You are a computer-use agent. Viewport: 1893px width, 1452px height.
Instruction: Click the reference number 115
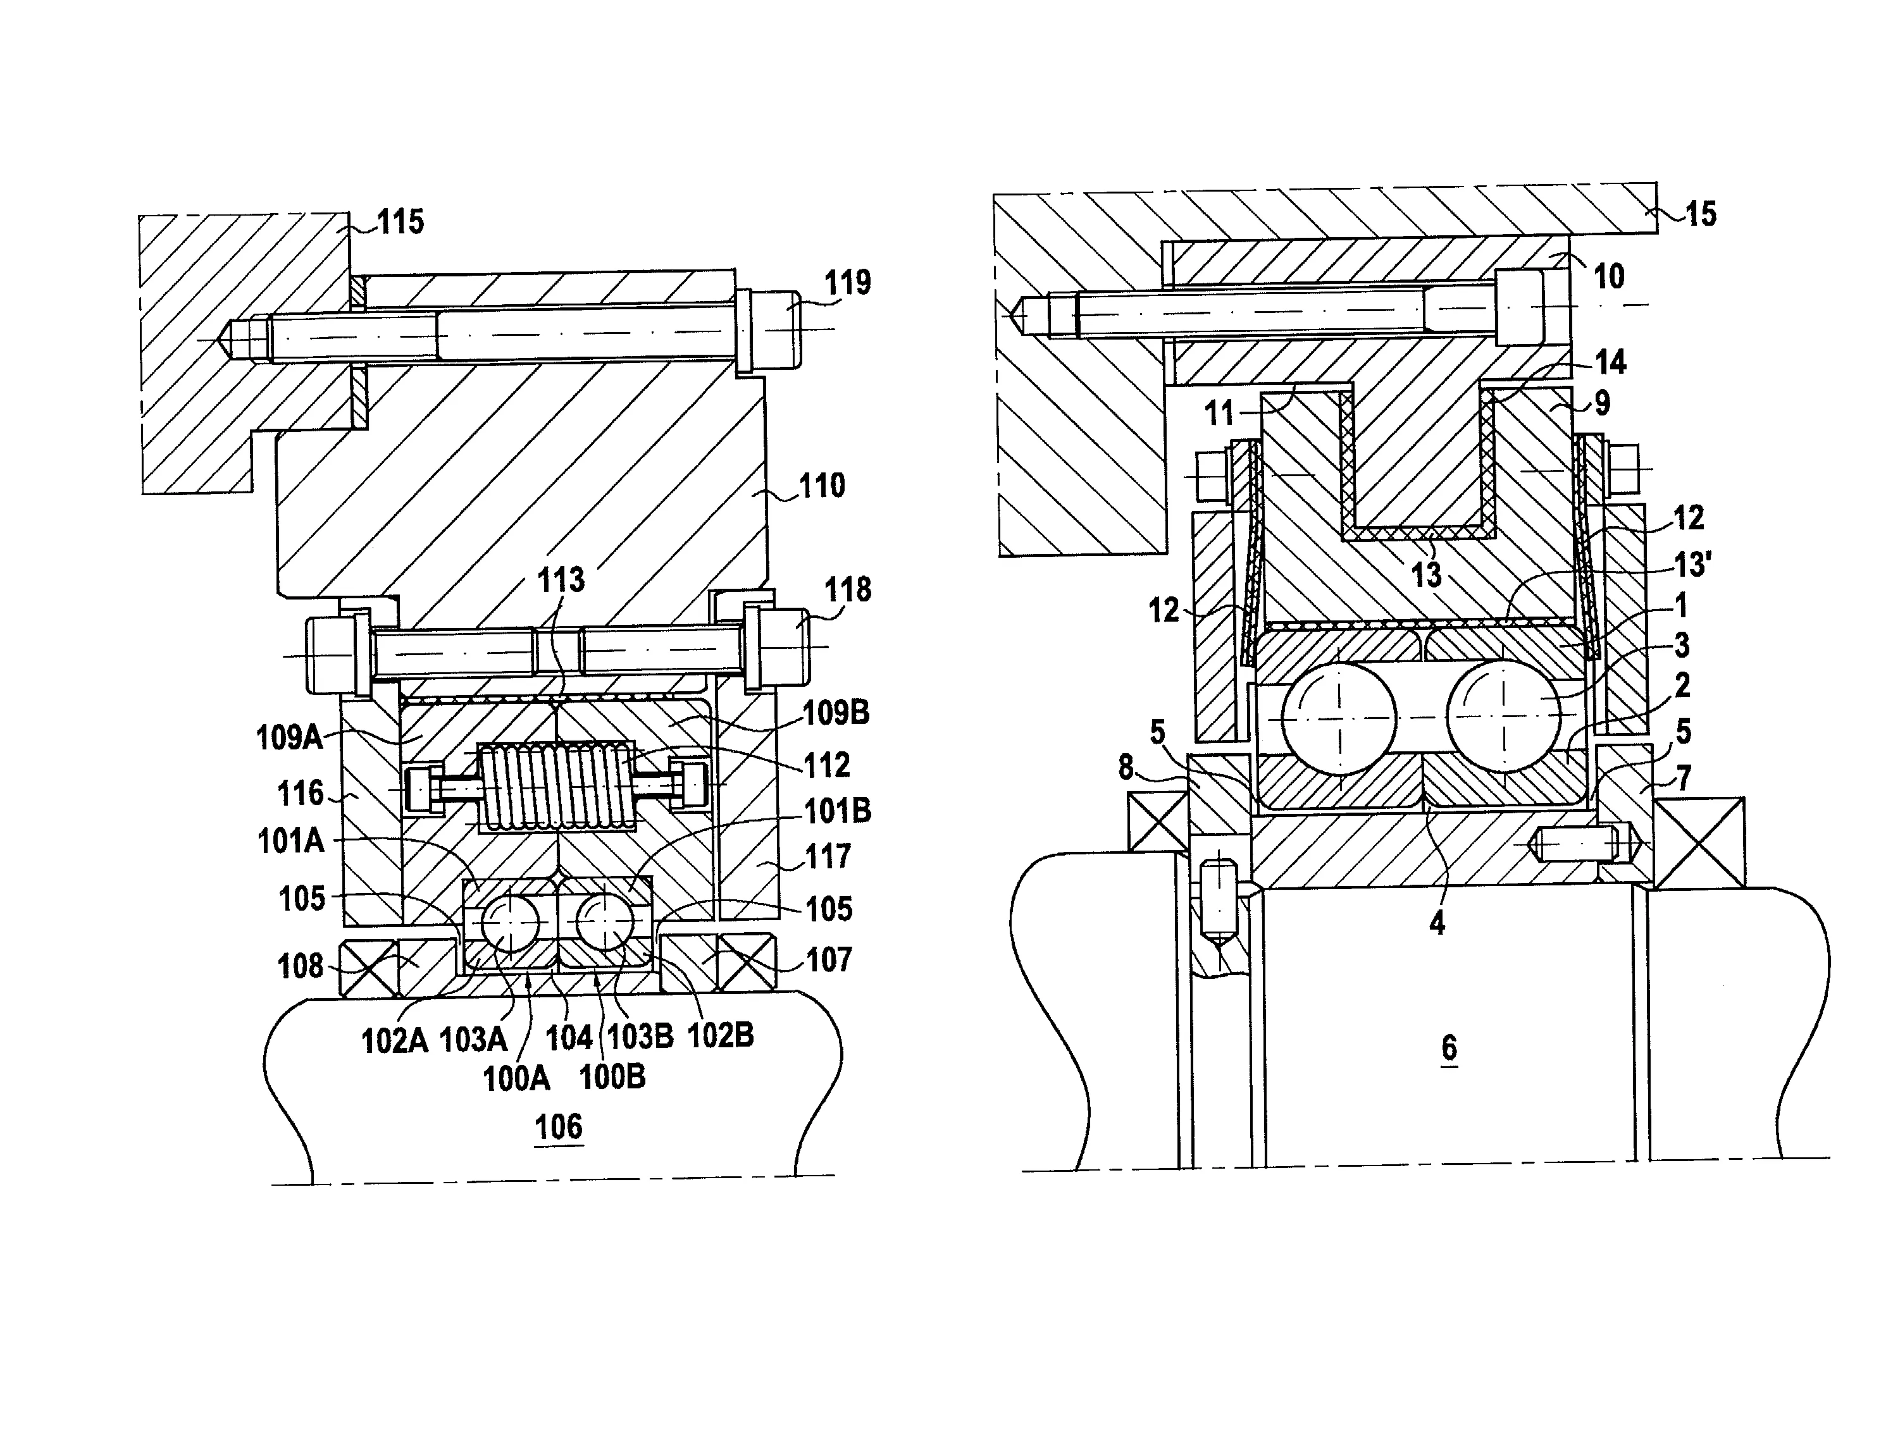400,222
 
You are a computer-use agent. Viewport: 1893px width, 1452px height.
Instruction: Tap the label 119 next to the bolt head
847,283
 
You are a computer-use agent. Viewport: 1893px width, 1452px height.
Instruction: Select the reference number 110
821,486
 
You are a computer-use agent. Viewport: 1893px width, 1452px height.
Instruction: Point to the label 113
561,580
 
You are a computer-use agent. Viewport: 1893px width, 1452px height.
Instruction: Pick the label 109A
289,738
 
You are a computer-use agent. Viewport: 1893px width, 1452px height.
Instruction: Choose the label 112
827,765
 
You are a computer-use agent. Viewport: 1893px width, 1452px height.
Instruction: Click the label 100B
612,1078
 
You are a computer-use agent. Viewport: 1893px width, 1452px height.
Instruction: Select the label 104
569,1037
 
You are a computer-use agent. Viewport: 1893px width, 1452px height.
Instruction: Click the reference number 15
1701,214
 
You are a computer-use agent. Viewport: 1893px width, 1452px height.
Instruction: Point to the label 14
1610,362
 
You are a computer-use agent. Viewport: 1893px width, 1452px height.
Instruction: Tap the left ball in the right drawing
1339,718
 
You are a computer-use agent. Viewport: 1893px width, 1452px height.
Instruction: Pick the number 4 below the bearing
1437,923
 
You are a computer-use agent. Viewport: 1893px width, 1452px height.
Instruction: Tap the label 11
1219,413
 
